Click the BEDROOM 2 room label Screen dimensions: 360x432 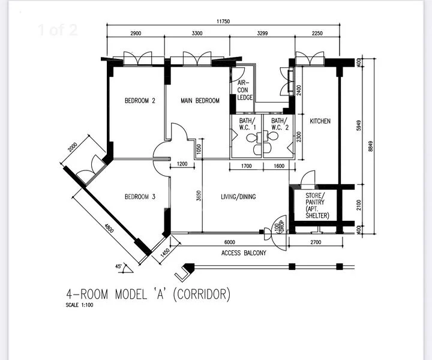click(x=140, y=101)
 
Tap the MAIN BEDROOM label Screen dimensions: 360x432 click(x=200, y=101)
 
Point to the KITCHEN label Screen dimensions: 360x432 click(x=320, y=121)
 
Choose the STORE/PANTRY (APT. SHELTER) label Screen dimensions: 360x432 click(x=316, y=206)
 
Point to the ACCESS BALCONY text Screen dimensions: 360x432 click(x=244, y=253)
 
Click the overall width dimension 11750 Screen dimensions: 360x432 click(x=223, y=21)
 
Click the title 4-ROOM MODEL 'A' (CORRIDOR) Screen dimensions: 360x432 click(x=148, y=294)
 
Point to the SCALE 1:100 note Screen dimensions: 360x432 click(x=80, y=305)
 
